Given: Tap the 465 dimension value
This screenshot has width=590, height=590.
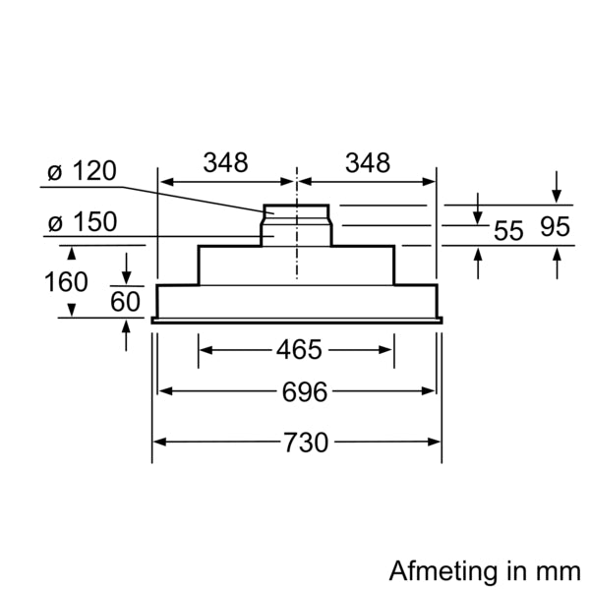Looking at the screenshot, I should [x=296, y=349].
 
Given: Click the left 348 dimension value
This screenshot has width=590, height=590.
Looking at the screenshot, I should [x=225, y=163].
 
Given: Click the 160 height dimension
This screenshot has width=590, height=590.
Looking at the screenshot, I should [x=65, y=282].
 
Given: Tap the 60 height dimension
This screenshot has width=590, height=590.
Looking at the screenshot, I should [x=125, y=301].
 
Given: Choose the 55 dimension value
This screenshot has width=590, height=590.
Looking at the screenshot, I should [x=508, y=232].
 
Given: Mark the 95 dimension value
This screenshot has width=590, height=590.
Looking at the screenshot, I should [x=555, y=228].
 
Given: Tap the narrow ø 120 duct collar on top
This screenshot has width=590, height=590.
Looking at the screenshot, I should [x=296, y=213].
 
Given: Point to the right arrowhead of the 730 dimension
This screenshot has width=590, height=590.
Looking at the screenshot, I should [x=434, y=442].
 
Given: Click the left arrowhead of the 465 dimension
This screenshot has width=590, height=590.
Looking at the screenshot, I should [x=205, y=349].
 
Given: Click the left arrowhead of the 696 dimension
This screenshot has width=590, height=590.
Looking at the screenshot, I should [x=165, y=391].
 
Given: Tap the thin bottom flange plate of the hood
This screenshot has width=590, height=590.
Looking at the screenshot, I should [x=296, y=319].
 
